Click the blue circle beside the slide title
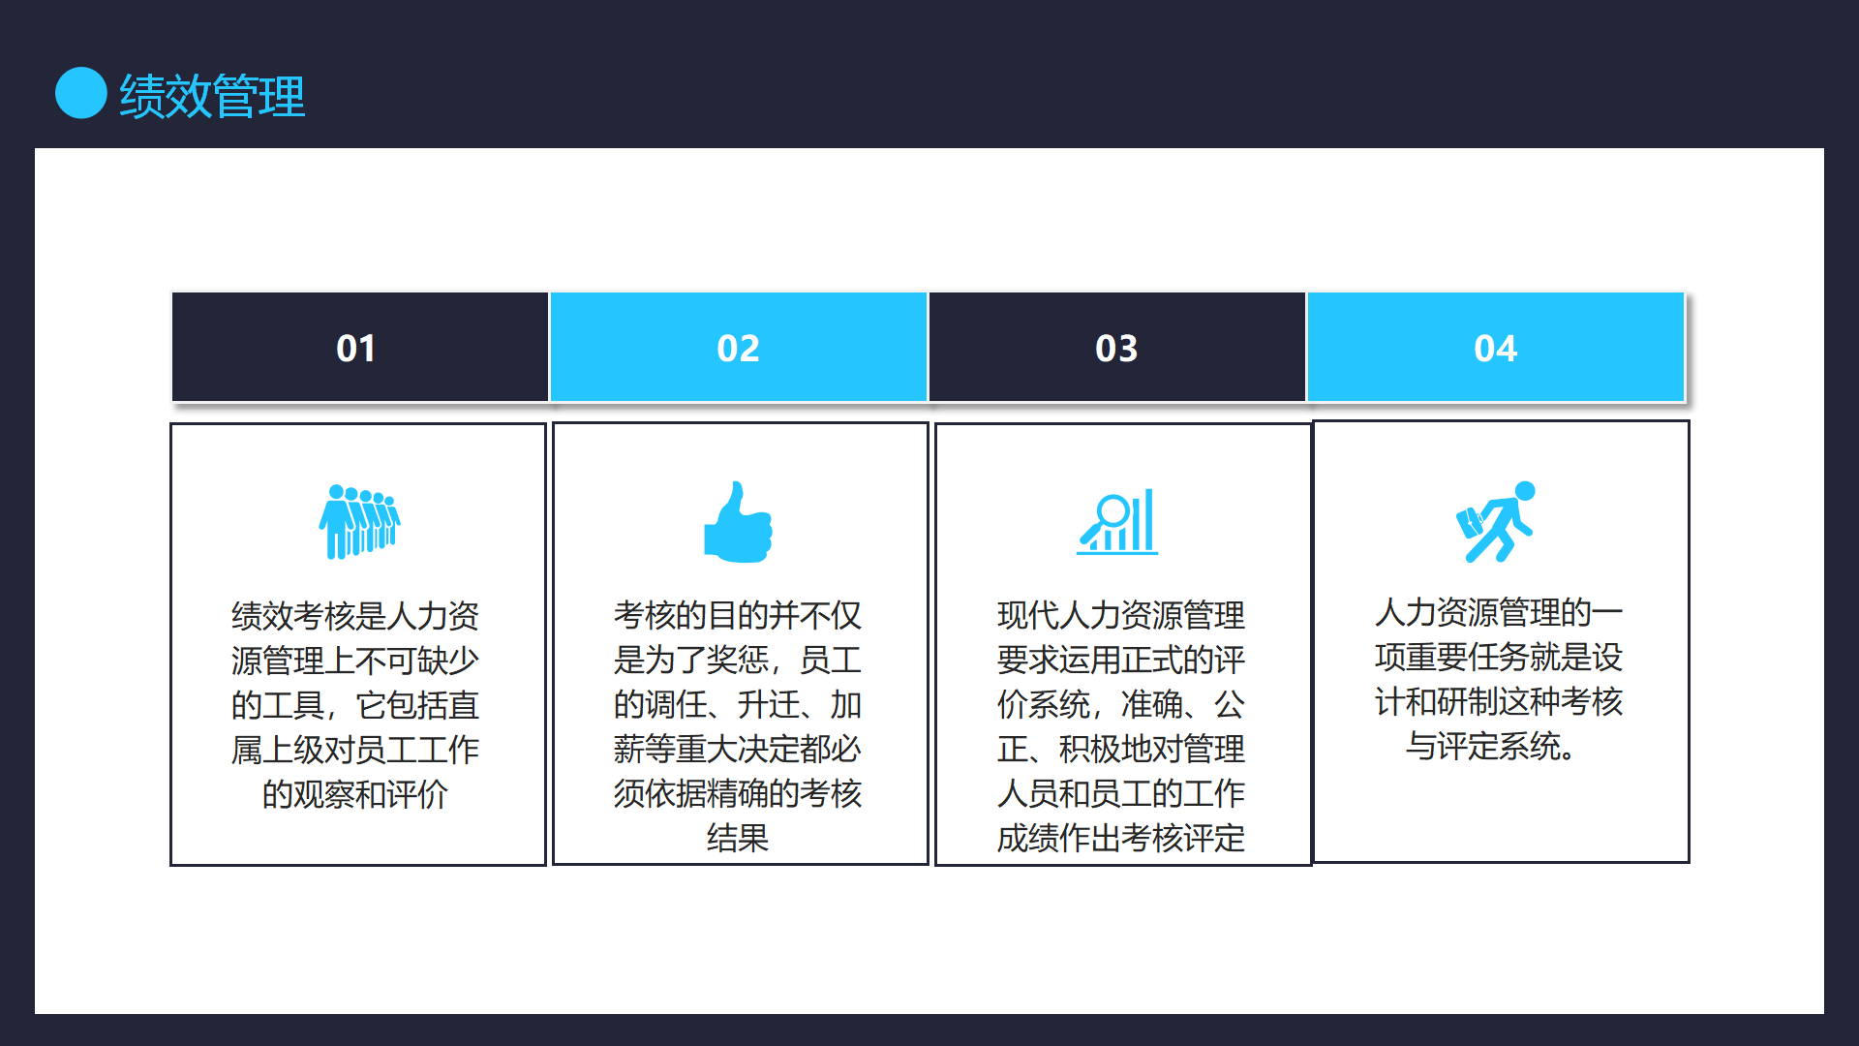pos(81,93)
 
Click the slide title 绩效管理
pos(212,96)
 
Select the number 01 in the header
pos(356,349)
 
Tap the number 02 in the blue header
pos(738,349)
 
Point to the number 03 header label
pos(1116,349)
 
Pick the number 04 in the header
pos(1496,349)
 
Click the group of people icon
pos(359,522)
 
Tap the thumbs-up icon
pos(738,522)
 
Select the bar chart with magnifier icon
pos(1117,521)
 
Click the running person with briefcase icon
pos(1496,522)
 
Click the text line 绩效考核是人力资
pos(355,615)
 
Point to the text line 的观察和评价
pos(355,794)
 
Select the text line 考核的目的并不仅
pos(738,615)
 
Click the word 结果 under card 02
pos(738,838)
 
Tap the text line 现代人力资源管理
pos(1121,615)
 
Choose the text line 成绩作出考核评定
pos(1121,838)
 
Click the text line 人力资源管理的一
pos(1499,612)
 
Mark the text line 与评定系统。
pos(1492,746)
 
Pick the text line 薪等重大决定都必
pos(738,749)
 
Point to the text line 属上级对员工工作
pos(355,750)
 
